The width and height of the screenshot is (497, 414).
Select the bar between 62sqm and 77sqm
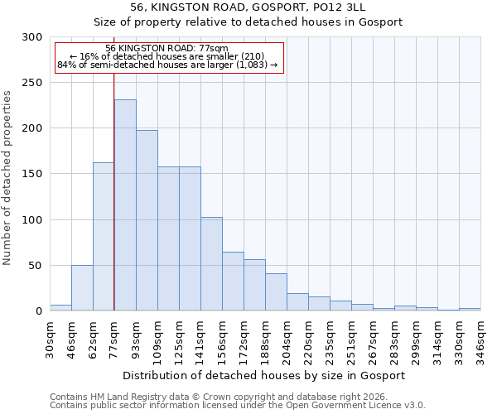pos(104,237)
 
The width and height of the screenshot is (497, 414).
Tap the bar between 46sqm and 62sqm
pos(82,288)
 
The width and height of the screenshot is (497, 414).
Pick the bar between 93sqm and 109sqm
pos(147,220)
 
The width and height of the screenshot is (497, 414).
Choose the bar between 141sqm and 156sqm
pos(211,264)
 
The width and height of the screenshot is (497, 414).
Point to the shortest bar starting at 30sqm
pos(60,308)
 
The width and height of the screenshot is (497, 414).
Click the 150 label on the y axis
pos(32,175)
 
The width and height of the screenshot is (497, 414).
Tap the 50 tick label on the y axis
pos(36,266)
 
